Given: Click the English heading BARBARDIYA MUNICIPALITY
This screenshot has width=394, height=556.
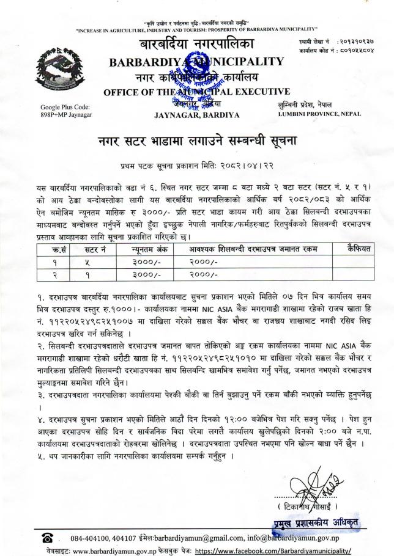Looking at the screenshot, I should (x=196, y=61).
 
